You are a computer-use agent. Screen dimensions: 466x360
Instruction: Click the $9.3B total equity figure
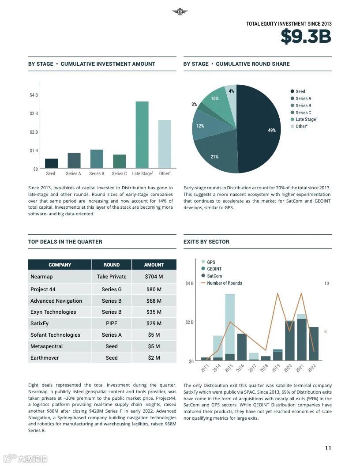pos(305,37)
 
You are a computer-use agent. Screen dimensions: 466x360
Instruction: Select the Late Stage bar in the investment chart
pos(142,135)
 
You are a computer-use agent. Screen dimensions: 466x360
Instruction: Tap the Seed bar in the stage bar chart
pos(51,163)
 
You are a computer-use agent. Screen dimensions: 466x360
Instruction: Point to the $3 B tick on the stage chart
pos(34,113)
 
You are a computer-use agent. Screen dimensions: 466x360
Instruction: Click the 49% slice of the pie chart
pos(260,128)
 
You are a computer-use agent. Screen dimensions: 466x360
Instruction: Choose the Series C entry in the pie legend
pos(303,113)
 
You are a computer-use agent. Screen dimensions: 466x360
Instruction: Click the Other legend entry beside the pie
pos(301,127)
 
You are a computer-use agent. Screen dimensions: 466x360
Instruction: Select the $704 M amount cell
pos(154,277)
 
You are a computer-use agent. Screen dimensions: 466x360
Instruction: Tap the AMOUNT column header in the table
pos(154,265)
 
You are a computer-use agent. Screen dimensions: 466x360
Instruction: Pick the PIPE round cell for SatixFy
pos(112,323)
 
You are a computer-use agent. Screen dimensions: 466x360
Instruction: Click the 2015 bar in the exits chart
pos(230,327)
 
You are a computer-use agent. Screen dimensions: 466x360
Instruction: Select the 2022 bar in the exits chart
pos(313,343)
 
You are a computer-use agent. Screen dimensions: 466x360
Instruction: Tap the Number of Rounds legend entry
pos(224,283)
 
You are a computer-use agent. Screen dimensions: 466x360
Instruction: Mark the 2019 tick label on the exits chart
pos(276,367)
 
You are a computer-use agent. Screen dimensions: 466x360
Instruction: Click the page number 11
pos(328,448)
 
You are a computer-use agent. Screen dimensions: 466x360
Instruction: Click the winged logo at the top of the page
pos(180,12)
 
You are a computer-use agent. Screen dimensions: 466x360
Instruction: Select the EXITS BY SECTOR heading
pos(206,242)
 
